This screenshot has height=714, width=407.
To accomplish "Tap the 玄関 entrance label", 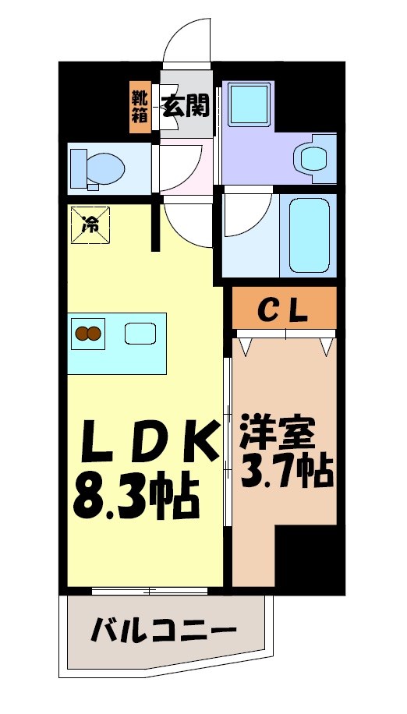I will point(186,104).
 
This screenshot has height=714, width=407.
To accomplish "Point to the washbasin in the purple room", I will point(316,157).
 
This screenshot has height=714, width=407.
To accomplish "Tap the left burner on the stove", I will point(82,335).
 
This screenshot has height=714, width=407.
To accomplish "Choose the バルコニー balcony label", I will point(162,628).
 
